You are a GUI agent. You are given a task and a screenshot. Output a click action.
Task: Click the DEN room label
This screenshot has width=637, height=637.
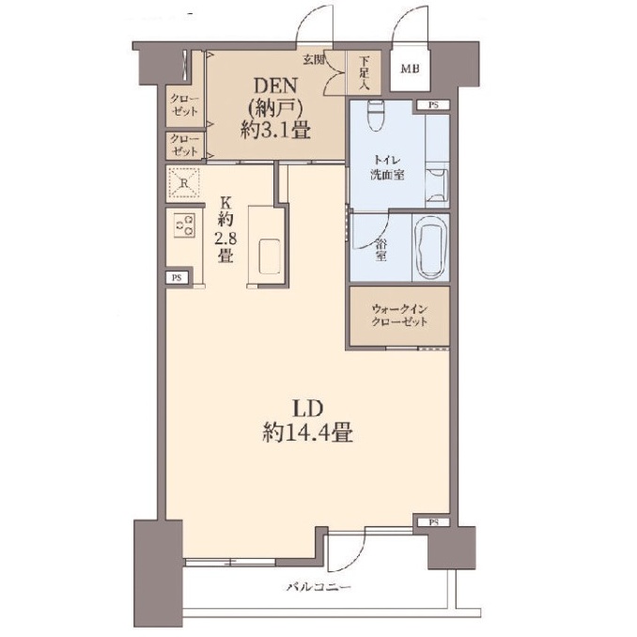click(x=275, y=86)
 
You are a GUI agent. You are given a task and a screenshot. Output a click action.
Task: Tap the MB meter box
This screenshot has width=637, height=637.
click(x=410, y=69)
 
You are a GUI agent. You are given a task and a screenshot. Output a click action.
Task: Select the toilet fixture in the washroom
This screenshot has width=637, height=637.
click(x=375, y=116)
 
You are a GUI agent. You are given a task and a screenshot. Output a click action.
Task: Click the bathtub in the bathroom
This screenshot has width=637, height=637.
click(x=431, y=248)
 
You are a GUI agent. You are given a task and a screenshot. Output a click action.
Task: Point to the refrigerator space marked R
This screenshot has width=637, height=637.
click(x=183, y=183)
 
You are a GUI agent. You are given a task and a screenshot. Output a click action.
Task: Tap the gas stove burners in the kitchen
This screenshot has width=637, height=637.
click(x=184, y=225)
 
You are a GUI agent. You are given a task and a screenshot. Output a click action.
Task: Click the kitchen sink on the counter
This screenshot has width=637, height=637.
click(x=270, y=256)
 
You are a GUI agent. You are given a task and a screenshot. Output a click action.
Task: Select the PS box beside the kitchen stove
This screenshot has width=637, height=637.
click(x=177, y=278)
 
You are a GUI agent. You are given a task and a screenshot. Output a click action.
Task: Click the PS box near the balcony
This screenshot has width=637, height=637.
click(x=433, y=522)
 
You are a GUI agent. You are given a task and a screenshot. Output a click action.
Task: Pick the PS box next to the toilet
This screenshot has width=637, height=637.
click(x=433, y=105)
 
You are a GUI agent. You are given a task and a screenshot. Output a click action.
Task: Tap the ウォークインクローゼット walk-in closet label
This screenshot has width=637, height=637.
click(x=399, y=316)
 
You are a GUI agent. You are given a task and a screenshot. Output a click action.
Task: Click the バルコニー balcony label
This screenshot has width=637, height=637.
click(x=318, y=587)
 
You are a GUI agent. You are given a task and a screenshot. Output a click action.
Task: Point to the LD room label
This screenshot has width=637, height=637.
click(x=308, y=409)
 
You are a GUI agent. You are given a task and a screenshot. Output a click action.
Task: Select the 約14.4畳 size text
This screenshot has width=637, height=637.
click(x=308, y=433)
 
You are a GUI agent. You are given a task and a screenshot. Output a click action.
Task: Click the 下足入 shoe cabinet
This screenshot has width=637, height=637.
click(x=364, y=72)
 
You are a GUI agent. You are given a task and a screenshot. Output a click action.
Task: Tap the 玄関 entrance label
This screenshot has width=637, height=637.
click(x=314, y=60)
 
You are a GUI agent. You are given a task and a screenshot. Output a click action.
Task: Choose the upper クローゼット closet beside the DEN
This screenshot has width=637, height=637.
click(x=185, y=106)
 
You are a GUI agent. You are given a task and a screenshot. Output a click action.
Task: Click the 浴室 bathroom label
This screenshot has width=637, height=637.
click(x=381, y=250)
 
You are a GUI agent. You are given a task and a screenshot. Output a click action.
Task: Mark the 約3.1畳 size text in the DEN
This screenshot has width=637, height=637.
click(x=275, y=131)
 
